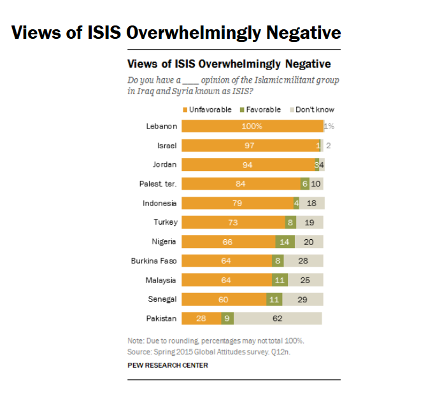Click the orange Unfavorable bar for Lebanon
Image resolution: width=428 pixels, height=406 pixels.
pos(252,126)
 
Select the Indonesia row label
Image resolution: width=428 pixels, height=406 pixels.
pos(159,203)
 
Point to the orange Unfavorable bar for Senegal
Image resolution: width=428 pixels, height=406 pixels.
pos(224,299)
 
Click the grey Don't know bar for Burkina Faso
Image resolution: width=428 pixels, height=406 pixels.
pos(303,260)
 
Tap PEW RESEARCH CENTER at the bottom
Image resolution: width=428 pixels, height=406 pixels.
pos(168,365)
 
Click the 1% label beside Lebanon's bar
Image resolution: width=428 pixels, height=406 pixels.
pos(329,126)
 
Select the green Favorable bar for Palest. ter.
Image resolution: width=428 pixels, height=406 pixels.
pos(305,184)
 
